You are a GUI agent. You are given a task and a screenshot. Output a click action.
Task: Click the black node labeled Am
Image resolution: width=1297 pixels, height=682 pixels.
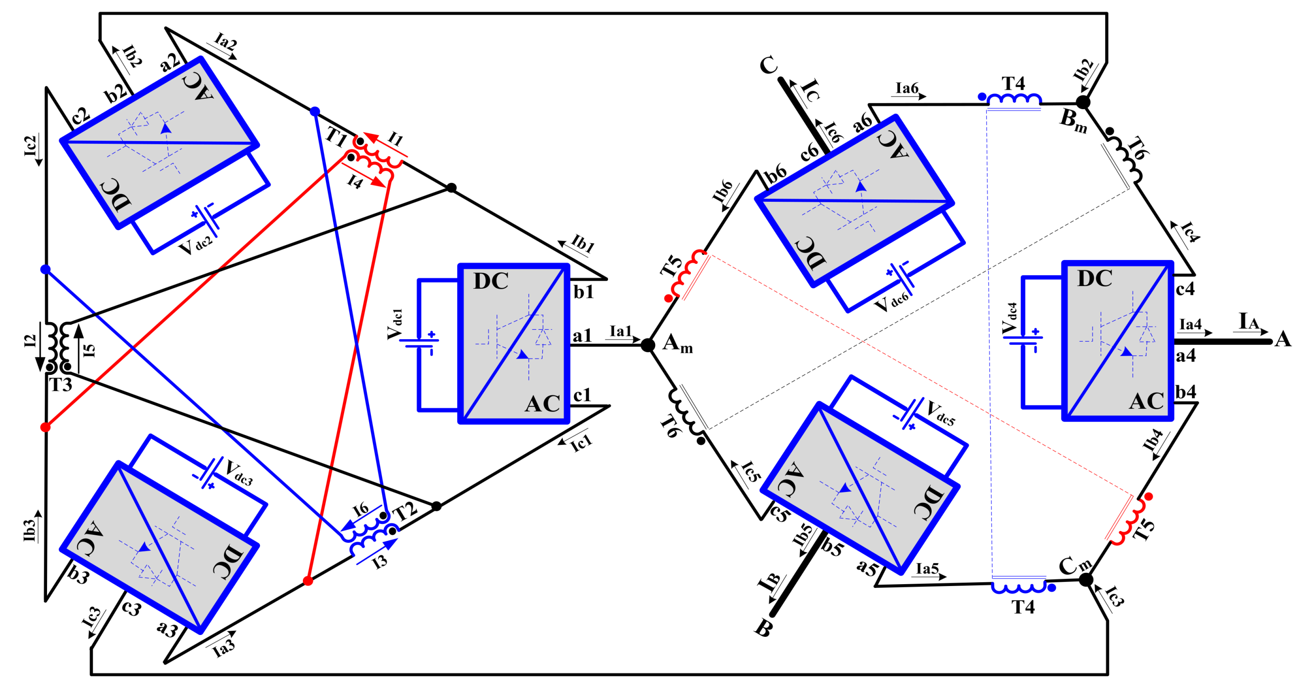click(x=648, y=345)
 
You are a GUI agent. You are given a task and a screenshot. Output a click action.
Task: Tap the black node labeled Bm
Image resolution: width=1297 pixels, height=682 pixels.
click(x=1083, y=102)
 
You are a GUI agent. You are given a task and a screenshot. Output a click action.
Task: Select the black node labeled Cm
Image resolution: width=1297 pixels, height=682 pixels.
click(x=1086, y=580)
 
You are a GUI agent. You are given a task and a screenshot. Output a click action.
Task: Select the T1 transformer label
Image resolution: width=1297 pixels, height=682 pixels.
click(x=337, y=136)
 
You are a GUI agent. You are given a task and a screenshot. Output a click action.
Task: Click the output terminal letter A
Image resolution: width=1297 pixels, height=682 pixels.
click(x=1282, y=339)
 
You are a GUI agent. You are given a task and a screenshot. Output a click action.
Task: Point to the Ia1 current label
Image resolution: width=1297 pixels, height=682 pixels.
click(x=620, y=331)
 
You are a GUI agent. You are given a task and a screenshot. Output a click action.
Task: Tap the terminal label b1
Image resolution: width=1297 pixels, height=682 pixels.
click(x=584, y=292)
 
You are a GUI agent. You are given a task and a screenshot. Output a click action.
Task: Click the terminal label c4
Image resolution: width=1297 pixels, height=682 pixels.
click(x=1185, y=289)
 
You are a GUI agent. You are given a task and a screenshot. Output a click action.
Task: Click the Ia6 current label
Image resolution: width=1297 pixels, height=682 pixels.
click(x=907, y=88)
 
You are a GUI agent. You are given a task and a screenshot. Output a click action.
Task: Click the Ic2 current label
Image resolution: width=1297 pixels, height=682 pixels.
click(x=31, y=146)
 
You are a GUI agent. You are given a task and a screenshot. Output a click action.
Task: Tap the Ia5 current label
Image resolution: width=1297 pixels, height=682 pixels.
click(x=927, y=569)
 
